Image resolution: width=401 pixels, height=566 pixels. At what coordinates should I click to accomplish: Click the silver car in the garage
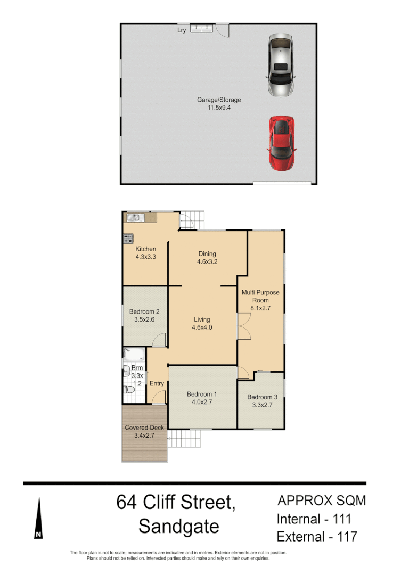(x=281, y=66)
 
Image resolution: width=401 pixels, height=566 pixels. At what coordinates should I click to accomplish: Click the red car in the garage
(x=281, y=143)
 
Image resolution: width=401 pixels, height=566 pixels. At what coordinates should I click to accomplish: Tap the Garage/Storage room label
(x=219, y=103)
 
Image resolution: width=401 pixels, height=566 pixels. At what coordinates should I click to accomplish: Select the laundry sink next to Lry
(x=202, y=28)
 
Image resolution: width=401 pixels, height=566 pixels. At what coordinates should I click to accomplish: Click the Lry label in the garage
(x=182, y=30)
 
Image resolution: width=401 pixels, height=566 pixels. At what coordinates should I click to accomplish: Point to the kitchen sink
(x=133, y=217)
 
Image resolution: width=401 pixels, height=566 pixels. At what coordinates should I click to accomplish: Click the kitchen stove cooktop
(x=128, y=239)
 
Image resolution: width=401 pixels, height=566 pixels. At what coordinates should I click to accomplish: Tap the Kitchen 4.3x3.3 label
(x=145, y=253)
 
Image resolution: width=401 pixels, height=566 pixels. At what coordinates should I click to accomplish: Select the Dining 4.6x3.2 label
(x=207, y=258)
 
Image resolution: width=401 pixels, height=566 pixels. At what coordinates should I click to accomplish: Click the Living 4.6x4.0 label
(x=202, y=324)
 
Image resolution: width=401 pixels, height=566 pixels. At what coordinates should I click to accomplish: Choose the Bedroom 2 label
(x=144, y=316)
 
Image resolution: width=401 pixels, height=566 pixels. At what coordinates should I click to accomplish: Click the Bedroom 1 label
(x=202, y=398)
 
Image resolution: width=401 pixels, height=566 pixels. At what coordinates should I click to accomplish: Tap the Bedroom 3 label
(x=261, y=401)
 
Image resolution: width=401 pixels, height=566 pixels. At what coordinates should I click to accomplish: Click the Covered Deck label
(x=144, y=431)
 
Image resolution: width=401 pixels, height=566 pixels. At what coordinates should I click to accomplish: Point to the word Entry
(x=157, y=384)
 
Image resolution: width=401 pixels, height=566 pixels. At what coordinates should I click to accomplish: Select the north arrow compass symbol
(x=38, y=519)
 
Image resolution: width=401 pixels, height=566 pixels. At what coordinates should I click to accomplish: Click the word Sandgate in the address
(x=178, y=527)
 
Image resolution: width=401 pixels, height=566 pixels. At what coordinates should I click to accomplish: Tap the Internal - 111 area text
(x=314, y=519)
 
